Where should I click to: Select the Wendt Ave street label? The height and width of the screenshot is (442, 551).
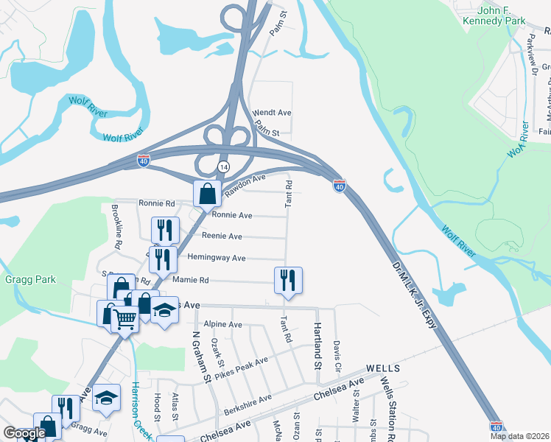tap(273, 113)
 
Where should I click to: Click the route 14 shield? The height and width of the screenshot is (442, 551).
tap(222, 167)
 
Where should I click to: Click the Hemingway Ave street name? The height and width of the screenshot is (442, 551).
tap(217, 258)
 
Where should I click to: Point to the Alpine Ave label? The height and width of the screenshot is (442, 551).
tap(224, 324)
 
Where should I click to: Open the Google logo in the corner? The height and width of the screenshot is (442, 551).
tap(25, 433)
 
